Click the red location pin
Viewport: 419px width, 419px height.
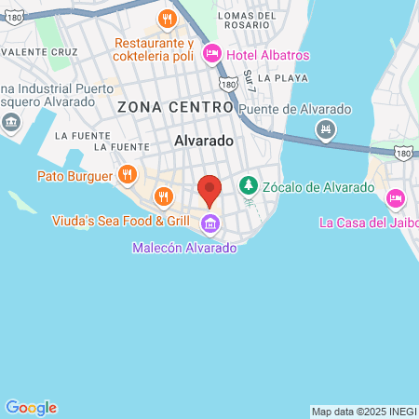pos(210,190)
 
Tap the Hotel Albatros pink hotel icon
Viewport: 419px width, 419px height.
pos(211,54)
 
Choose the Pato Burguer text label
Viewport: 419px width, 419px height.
pos(74,175)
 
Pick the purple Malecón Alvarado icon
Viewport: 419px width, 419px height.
pos(210,223)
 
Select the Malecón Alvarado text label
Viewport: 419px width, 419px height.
pos(183,249)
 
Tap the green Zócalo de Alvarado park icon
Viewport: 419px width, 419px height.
pos(248,186)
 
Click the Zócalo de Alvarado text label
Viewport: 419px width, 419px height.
pos(319,186)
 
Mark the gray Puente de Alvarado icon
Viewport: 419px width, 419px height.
pos(325,128)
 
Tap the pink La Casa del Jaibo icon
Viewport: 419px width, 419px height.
pos(395,197)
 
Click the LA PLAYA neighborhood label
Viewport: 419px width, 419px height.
pos(283,78)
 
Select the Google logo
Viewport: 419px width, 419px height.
pos(31,408)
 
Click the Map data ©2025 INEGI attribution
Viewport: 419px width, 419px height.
pos(363,412)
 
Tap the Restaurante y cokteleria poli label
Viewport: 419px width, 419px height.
pos(154,50)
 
